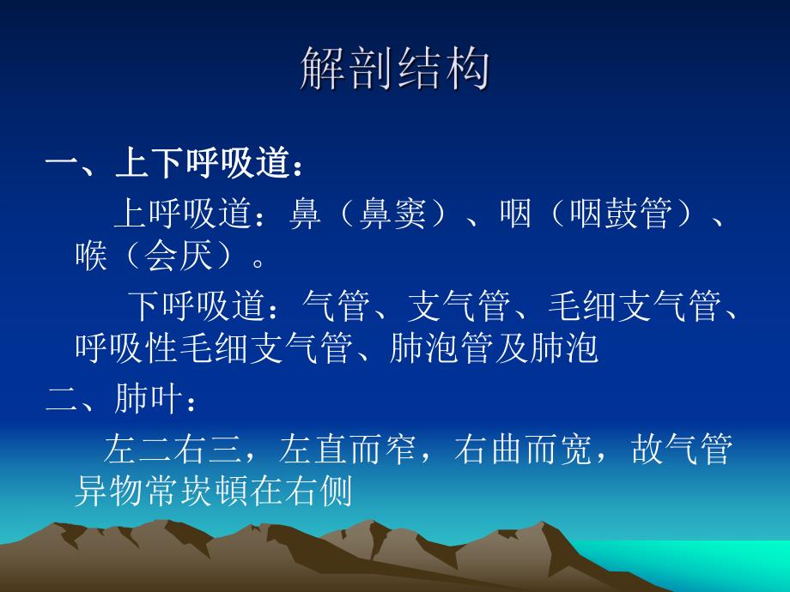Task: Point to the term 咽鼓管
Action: coord(618,214)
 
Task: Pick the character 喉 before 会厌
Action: coord(90,255)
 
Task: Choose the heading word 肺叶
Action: coord(149,398)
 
